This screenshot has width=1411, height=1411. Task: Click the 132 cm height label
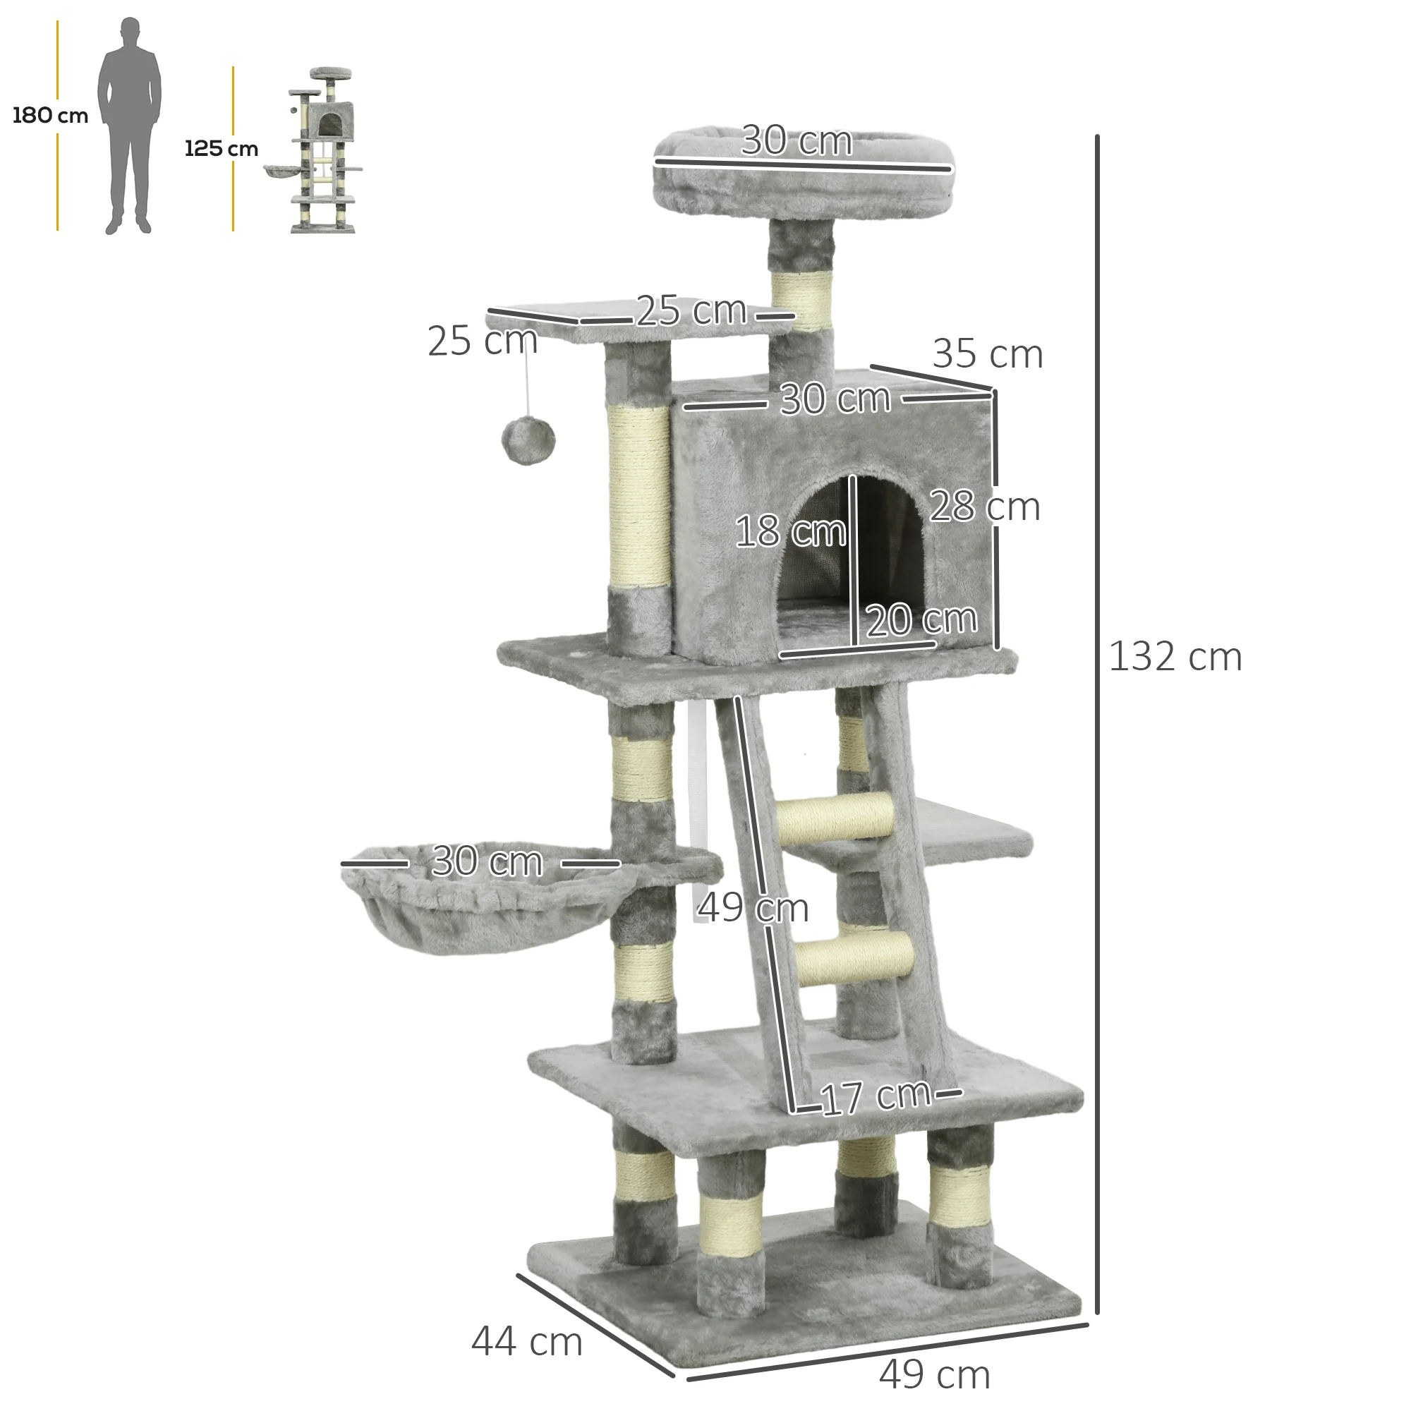coord(1175,657)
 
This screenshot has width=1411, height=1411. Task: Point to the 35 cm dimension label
coord(988,354)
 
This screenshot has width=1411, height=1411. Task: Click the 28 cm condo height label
coord(984,506)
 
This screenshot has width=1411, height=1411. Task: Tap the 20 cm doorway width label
coord(921,619)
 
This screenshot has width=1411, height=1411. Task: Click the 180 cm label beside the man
coord(49,116)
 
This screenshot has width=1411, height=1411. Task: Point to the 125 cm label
coord(222,149)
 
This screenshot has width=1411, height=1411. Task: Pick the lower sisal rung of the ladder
coord(854,955)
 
